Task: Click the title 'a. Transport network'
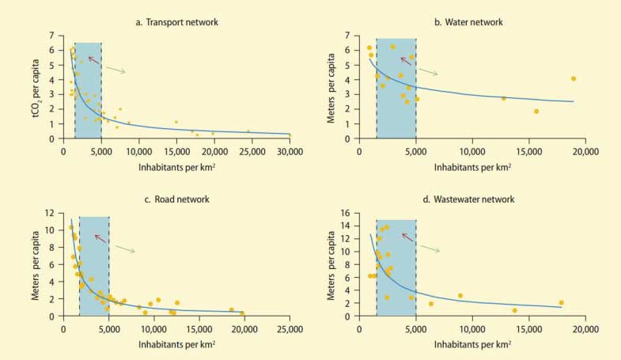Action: [176, 22]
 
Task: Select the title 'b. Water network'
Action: [468, 22]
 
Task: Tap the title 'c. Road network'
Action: [176, 199]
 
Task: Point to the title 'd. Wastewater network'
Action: [470, 199]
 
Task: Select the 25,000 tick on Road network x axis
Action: [290, 328]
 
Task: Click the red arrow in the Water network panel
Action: [406, 60]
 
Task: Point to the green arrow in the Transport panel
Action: [115, 70]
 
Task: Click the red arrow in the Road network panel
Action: [100, 237]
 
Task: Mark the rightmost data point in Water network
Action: [574, 78]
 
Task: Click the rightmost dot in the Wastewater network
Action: [561, 302]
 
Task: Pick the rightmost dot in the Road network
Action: [242, 313]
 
